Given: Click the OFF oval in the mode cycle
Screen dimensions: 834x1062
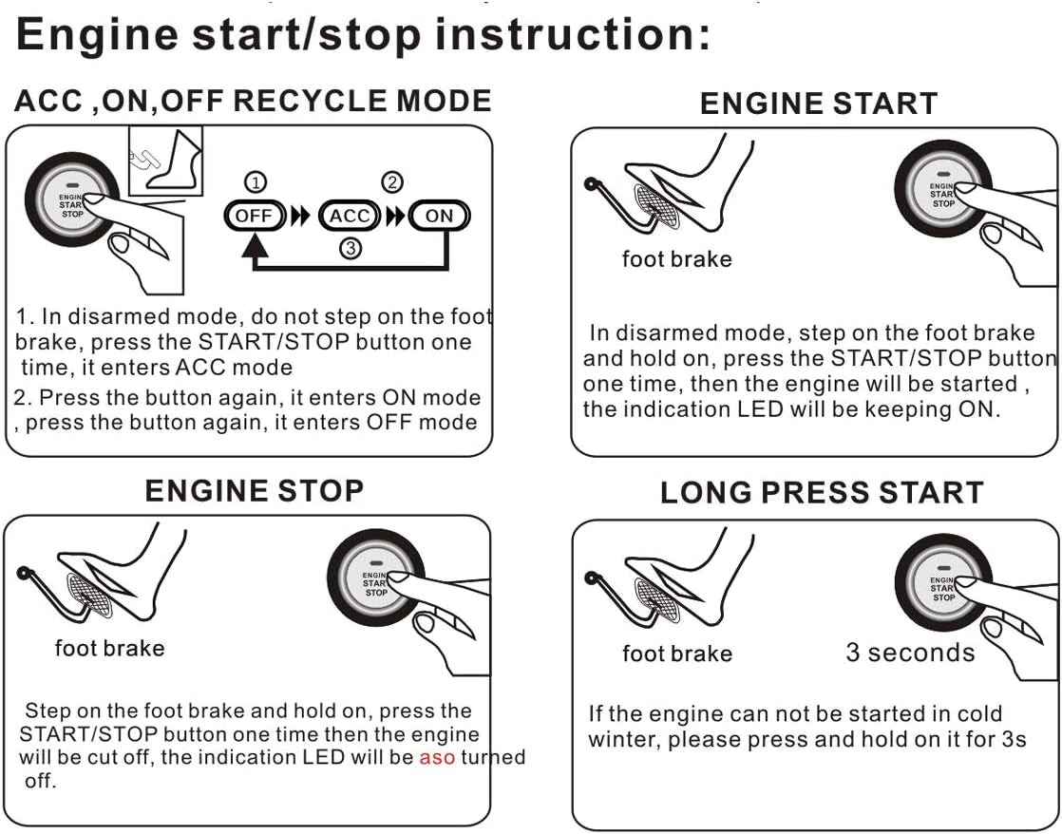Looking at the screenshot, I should click(x=254, y=216).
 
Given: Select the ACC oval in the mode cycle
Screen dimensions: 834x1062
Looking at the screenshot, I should click(x=350, y=216).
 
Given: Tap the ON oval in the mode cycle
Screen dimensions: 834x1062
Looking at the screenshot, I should click(x=439, y=216).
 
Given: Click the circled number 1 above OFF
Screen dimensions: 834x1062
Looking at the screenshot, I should click(x=256, y=182).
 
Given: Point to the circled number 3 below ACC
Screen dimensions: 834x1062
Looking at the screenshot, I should click(x=351, y=250).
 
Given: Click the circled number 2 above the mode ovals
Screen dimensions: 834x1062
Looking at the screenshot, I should click(x=391, y=182).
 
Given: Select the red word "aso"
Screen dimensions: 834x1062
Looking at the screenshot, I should click(x=437, y=758).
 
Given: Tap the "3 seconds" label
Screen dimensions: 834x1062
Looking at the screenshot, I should click(x=910, y=653).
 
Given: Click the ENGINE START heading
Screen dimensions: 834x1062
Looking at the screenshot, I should click(x=818, y=103).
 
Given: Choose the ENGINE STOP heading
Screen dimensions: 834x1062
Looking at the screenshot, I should click(x=254, y=490).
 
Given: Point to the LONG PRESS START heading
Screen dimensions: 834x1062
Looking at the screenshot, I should click(x=821, y=492).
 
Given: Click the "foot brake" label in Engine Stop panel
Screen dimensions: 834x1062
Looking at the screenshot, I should click(x=109, y=649).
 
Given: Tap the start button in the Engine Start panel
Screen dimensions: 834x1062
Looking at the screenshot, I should click(x=941, y=191).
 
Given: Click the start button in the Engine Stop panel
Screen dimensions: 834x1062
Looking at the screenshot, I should click(x=374, y=580).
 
